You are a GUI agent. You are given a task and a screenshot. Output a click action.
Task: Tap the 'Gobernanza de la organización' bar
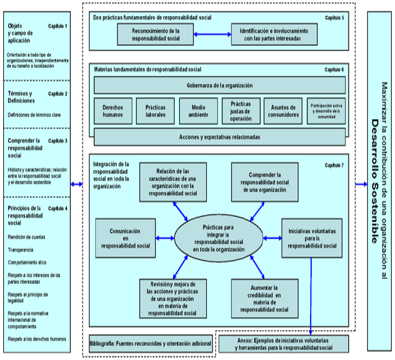(220, 85)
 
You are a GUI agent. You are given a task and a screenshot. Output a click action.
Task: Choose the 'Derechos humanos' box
(113, 110)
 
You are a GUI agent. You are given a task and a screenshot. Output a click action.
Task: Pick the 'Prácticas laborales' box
(155, 110)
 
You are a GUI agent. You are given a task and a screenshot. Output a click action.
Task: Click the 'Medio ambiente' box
(198, 110)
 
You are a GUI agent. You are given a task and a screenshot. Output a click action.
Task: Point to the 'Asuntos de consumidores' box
(282, 110)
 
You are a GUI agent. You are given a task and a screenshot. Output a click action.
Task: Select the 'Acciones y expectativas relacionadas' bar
(220, 137)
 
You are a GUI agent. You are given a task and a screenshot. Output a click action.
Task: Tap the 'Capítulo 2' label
(57, 94)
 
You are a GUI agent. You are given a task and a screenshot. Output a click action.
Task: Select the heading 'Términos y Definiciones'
(21, 97)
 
